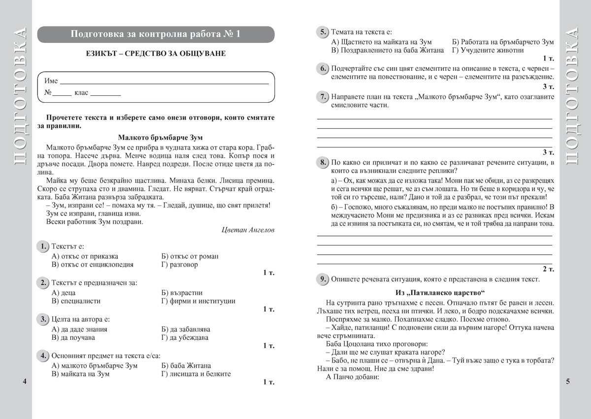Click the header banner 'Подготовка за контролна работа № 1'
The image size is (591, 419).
(156, 34)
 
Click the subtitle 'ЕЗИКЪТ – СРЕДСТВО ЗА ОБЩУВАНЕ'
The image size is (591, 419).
(156, 54)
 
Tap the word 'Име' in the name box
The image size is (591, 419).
(51, 81)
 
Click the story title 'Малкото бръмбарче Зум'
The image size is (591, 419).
(161, 138)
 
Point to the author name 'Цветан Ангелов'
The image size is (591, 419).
(248, 230)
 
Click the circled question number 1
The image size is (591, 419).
(43, 246)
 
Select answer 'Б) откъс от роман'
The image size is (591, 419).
(190, 256)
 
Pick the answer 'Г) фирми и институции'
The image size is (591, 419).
(198, 301)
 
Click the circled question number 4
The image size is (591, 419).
(43, 355)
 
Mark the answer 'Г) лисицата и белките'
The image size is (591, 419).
(196, 374)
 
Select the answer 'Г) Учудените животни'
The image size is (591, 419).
(488, 50)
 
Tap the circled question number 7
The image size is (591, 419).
(322, 96)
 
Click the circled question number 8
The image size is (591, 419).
(322, 162)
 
